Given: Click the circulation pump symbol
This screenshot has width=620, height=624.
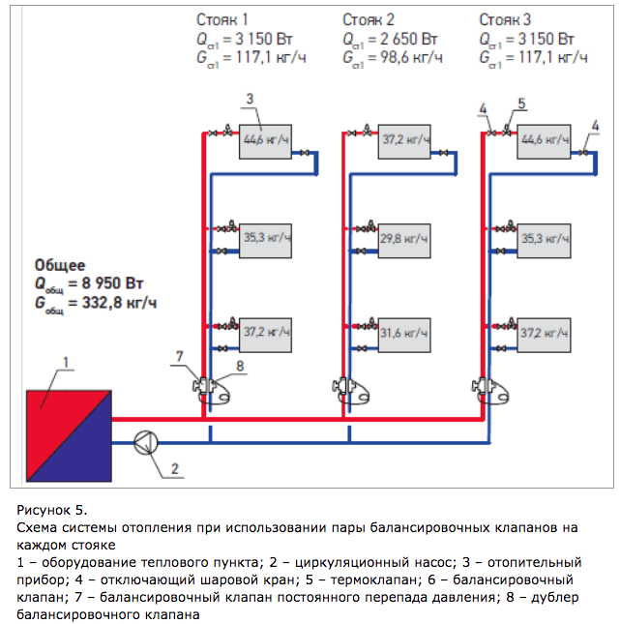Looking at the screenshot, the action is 146,442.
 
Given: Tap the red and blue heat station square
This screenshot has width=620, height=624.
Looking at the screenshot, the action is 69,435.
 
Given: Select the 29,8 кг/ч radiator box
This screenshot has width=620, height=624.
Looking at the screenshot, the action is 404,241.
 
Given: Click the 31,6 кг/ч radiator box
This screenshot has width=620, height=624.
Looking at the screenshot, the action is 404,335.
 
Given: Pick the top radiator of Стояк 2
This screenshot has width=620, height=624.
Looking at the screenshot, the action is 404,142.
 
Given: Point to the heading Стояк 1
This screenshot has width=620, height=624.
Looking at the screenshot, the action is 222,19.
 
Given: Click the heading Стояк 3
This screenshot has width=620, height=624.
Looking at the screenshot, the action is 505,19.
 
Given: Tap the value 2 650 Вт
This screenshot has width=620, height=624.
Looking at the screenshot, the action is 409,39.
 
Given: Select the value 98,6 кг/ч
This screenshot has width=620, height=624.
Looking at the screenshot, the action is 411,58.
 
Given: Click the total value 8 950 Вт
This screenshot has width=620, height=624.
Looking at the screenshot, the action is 112,283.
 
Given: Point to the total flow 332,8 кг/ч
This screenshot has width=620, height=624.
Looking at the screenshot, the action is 119,303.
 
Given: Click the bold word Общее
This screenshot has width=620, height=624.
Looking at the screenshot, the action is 60,265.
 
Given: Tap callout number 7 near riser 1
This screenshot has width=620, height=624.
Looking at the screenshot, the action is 180,356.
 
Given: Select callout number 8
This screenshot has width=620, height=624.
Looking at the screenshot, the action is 240,366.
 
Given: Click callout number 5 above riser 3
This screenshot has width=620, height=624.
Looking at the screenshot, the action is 521,104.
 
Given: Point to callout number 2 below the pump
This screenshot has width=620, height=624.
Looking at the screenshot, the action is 175,469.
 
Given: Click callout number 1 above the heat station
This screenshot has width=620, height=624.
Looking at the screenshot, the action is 66,362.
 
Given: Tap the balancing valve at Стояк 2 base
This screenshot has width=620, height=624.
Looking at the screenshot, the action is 341,386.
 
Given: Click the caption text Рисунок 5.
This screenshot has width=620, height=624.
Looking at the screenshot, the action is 51,510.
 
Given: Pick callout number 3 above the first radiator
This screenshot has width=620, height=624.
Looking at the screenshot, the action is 250,99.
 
